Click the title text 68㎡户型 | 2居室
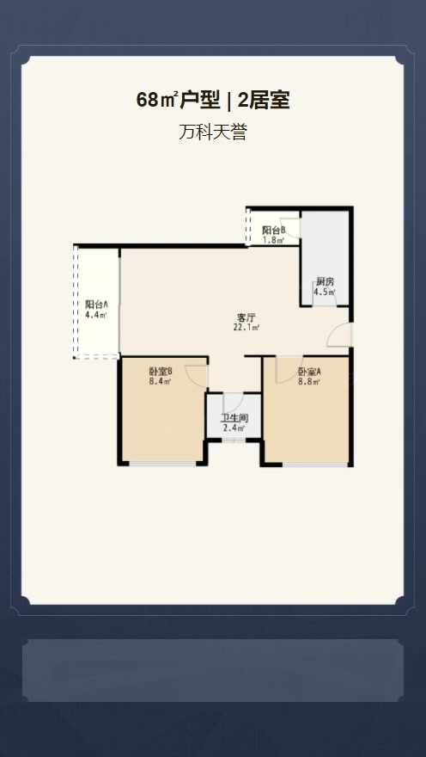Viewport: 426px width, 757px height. [212, 101]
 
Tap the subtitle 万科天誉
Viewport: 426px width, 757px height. [212, 132]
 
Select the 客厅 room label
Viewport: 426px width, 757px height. [246, 317]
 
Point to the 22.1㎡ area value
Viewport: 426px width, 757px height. [246, 328]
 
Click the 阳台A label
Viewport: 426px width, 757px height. [96, 305]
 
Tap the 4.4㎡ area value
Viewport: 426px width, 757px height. [96, 315]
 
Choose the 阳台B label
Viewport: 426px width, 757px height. [274, 231]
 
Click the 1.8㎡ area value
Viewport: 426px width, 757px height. [273, 239]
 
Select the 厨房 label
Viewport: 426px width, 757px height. [325, 282]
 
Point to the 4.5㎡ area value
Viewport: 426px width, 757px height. [325, 292]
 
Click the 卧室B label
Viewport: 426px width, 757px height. [161, 372]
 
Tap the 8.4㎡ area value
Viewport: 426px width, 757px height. [161, 381]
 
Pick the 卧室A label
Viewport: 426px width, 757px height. [309, 372]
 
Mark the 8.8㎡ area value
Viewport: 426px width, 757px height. [309, 382]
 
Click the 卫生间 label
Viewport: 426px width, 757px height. [234, 419]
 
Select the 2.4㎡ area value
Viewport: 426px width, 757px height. [234, 428]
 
